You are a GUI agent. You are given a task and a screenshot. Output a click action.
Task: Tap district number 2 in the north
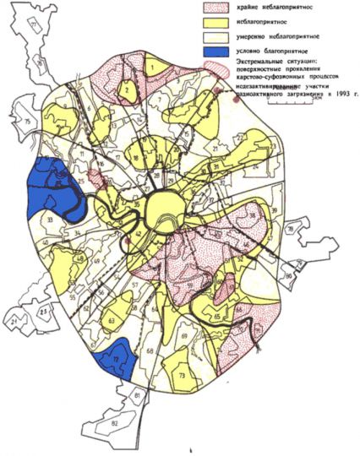coord(126,87)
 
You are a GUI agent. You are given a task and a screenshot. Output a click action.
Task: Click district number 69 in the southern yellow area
coord(183,337)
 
